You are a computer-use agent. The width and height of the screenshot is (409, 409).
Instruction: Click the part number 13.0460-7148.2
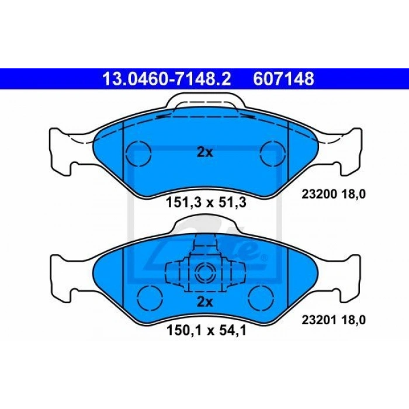click(167, 79)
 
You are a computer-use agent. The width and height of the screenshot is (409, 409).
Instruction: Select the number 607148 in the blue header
click(283, 79)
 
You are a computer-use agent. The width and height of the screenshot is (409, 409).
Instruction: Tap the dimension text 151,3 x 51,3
click(206, 203)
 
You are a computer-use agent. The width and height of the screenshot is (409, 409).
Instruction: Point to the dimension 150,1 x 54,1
click(206, 331)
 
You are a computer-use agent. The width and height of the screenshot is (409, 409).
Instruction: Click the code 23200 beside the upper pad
click(319, 194)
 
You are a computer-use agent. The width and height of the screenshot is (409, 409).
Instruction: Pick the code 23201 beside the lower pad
click(319, 320)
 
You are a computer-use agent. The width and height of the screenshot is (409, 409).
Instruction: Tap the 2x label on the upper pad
click(204, 152)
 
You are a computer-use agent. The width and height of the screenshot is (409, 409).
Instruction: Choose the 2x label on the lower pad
click(204, 302)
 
